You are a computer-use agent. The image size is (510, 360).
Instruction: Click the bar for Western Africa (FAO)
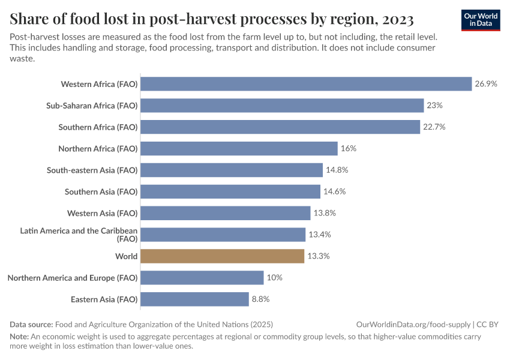[306, 84]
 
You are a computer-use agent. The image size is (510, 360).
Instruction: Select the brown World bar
[223, 256]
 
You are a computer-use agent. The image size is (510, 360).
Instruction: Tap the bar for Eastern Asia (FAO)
[195, 299]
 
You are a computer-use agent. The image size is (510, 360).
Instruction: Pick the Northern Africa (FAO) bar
[239, 149]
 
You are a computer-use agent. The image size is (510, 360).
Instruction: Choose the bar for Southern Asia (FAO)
[230, 192]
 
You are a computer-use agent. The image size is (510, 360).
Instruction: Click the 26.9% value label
[486, 84]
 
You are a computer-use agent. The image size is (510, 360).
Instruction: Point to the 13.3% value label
[319, 256]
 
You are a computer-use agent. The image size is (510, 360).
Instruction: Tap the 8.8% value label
[260, 299]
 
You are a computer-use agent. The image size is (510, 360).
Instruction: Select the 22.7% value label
[434, 127]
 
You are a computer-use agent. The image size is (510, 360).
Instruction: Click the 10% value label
[275, 278]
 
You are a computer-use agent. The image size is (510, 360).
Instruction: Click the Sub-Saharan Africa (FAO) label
[92, 106]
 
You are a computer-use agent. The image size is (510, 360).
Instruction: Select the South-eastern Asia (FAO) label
[92, 170]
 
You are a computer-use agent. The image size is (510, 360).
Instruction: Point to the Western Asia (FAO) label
[102, 213]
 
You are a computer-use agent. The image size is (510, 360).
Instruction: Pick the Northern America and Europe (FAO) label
[73, 278]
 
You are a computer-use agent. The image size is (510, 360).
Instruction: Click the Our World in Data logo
[481, 20]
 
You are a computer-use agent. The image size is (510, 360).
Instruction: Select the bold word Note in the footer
[20, 337]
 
